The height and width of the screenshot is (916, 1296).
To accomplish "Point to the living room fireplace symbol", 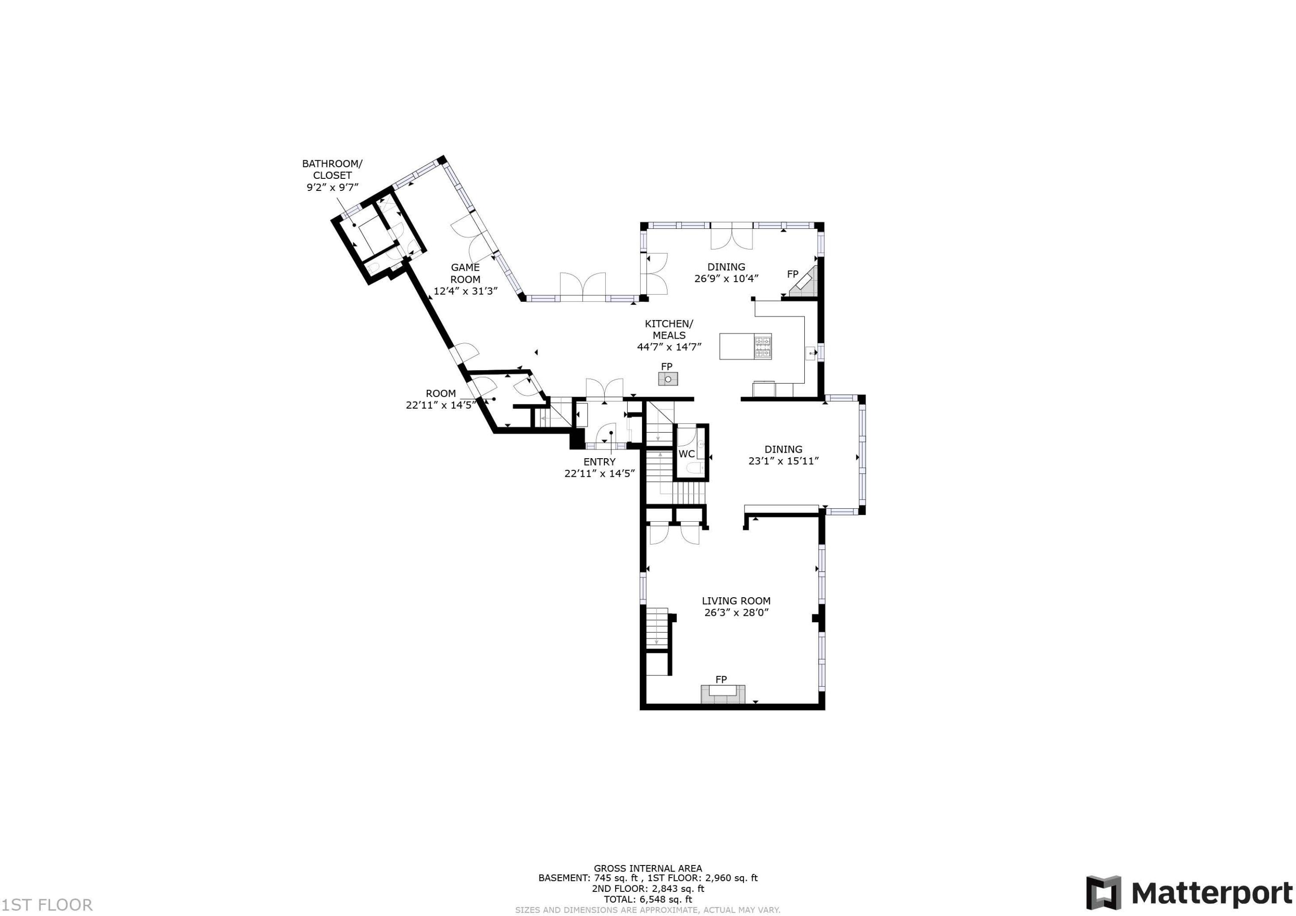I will pos(722,694).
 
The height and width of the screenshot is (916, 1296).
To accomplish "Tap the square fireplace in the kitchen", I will pos(668,379).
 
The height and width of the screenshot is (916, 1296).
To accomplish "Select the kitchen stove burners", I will pos(763,346).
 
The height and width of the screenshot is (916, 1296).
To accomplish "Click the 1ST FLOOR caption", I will pos(47,905).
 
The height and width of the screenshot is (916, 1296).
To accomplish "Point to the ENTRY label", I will pos(600,462).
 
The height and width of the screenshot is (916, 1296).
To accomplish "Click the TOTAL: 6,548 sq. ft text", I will pos(648,899).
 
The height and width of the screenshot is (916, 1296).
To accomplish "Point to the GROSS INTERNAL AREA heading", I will pos(648,868).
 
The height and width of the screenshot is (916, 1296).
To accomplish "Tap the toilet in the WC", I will pos(695,467).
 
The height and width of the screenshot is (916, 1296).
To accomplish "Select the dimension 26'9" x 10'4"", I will pos(727,278).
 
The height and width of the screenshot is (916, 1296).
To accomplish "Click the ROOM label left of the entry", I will pos(440,393).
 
